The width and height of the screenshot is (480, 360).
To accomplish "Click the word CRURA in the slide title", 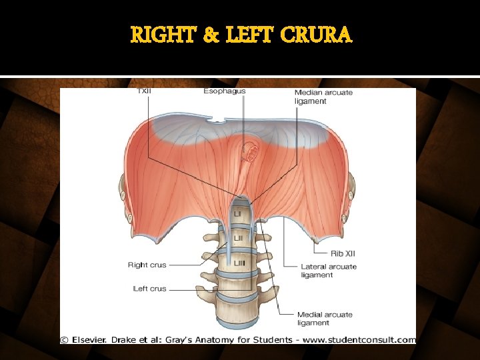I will (x=317, y=34).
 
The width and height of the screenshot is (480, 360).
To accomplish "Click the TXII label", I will (x=143, y=91).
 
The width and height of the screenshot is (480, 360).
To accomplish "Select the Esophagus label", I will (x=225, y=91).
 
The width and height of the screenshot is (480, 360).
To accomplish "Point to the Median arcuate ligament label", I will (x=323, y=97).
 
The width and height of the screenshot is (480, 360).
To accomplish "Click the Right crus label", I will (x=147, y=265).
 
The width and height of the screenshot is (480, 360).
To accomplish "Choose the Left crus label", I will (x=149, y=289).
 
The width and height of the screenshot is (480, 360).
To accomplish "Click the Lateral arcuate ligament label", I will (x=328, y=271).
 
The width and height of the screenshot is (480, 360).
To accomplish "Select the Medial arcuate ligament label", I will (x=325, y=319).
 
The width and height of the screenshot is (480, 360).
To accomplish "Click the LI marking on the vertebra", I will (x=237, y=213).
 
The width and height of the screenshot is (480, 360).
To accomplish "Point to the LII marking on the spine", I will (x=238, y=238).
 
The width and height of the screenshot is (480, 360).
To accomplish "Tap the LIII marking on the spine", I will (x=239, y=264).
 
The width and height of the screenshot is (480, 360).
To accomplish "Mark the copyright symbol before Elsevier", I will (x=64, y=339).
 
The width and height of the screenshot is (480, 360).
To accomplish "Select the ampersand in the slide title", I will (x=210, y=34).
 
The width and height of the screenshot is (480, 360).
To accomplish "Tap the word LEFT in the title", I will (x=250, y=34).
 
